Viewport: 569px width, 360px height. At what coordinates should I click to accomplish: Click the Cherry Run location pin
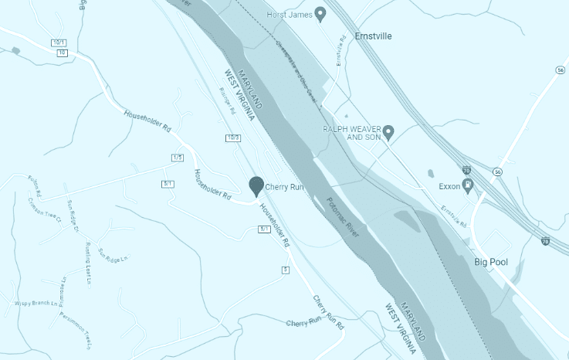256,185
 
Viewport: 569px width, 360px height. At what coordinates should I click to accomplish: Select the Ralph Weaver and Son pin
388,131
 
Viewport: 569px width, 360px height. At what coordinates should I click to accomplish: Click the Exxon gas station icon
467,185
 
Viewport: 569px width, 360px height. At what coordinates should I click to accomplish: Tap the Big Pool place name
490,263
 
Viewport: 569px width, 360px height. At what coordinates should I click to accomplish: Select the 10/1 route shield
59,42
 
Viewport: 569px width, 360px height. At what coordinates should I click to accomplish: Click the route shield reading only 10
62,53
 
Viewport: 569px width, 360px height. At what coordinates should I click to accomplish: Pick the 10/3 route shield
233,138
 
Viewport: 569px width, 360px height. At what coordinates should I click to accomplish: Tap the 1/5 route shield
177,158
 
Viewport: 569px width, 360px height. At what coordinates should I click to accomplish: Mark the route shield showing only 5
285,269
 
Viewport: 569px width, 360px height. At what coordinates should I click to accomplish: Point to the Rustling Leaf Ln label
87,251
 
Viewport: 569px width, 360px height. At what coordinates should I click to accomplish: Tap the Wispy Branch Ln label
36,304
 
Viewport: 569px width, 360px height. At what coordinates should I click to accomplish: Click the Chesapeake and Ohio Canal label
296,69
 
